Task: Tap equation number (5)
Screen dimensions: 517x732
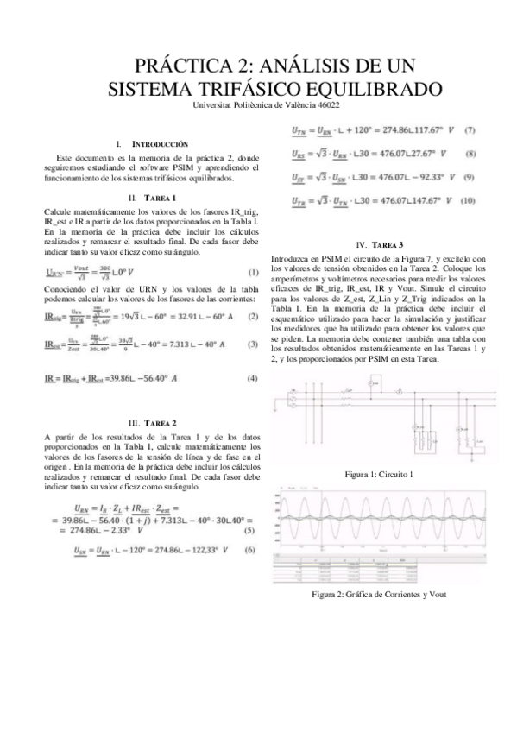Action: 249,529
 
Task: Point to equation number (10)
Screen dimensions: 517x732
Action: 467,200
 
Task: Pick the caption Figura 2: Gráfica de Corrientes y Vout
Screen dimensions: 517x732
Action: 380,594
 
